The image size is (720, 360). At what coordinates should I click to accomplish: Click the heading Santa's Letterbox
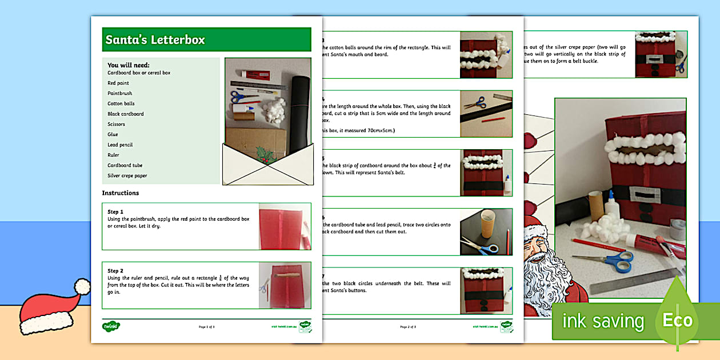pos(155,40)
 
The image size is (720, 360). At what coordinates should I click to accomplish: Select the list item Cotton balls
pos(121,103)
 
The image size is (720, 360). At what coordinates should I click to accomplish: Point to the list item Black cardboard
pos(126,114)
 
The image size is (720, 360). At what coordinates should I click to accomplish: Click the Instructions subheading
pos(121,193)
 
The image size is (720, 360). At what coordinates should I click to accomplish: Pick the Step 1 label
pos(115,211)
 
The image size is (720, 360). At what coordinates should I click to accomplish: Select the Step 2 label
pos(115,271)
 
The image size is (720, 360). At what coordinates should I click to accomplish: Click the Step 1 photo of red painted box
pos(284,226)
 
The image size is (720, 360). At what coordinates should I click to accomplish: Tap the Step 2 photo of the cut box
pos(284,285)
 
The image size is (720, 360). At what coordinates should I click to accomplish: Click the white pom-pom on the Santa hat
pos(82,286)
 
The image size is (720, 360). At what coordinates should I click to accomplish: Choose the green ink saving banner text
pos(603,321)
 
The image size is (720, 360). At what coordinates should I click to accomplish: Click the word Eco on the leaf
pos(677,321)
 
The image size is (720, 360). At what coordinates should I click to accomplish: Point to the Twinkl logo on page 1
pos(111,326)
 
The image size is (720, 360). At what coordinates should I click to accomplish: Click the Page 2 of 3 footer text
pos(408,327)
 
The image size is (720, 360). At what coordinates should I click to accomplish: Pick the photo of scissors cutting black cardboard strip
pos(486,113)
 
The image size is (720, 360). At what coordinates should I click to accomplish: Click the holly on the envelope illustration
pos(265,155)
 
